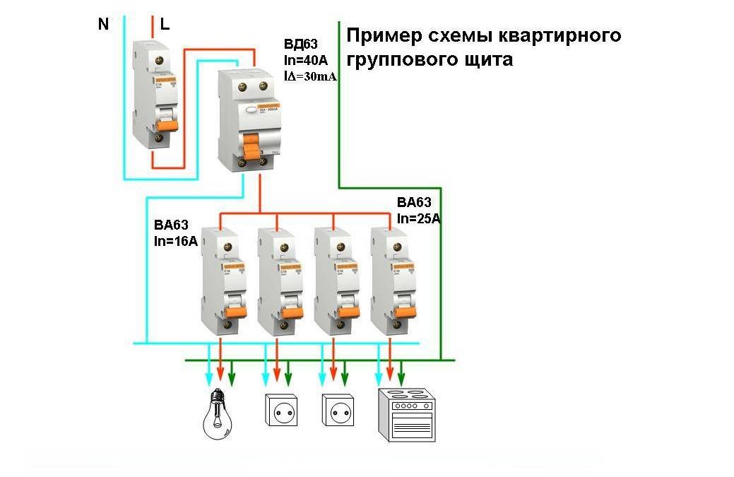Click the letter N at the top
[x=104, y=24]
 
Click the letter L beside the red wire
[x=165, y=24]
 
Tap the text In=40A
[x=305, y=61]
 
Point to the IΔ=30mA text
[x=309, y=77]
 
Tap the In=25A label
[x=419, y=218]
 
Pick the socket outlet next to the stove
[x=338, y=410]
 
